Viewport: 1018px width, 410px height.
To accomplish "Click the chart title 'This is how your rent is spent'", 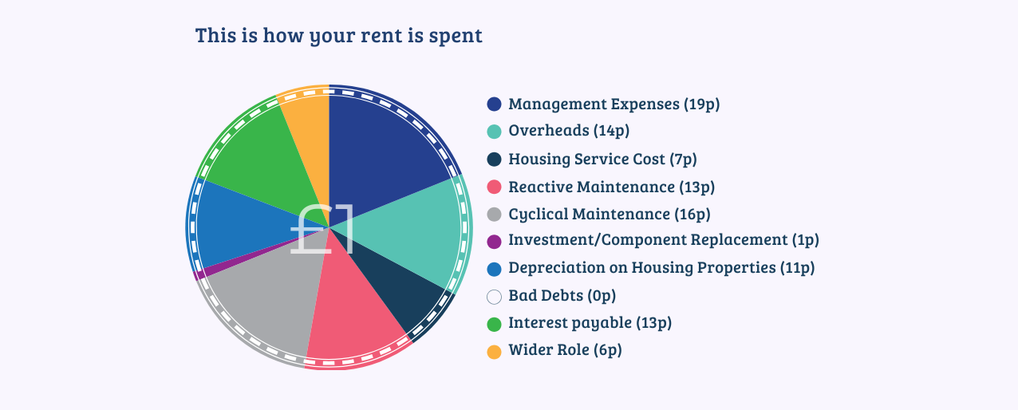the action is click(338, 35).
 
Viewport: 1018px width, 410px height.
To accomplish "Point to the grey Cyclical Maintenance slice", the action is click(268, 300).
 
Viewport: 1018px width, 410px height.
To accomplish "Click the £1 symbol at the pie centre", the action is click(322, 229).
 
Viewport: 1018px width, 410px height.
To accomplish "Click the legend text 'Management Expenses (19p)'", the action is click(614, 104).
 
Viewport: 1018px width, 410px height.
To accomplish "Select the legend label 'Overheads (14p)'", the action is click(569, 131).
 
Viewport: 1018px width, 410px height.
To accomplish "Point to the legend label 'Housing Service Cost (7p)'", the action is click(602, 159).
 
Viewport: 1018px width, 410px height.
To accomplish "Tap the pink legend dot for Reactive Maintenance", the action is click(494, 187).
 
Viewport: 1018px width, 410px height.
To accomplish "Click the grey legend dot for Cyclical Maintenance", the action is click(494, 214).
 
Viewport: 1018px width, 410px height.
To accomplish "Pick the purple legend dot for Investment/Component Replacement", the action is click(494, 242).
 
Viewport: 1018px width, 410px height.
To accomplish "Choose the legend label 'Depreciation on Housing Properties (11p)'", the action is click(661, 268).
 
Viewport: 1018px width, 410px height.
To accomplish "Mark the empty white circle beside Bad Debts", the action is click(494, 297).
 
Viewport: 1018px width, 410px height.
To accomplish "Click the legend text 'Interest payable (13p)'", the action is click(590, 323).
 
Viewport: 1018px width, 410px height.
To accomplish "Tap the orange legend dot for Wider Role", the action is click(494, 352).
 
